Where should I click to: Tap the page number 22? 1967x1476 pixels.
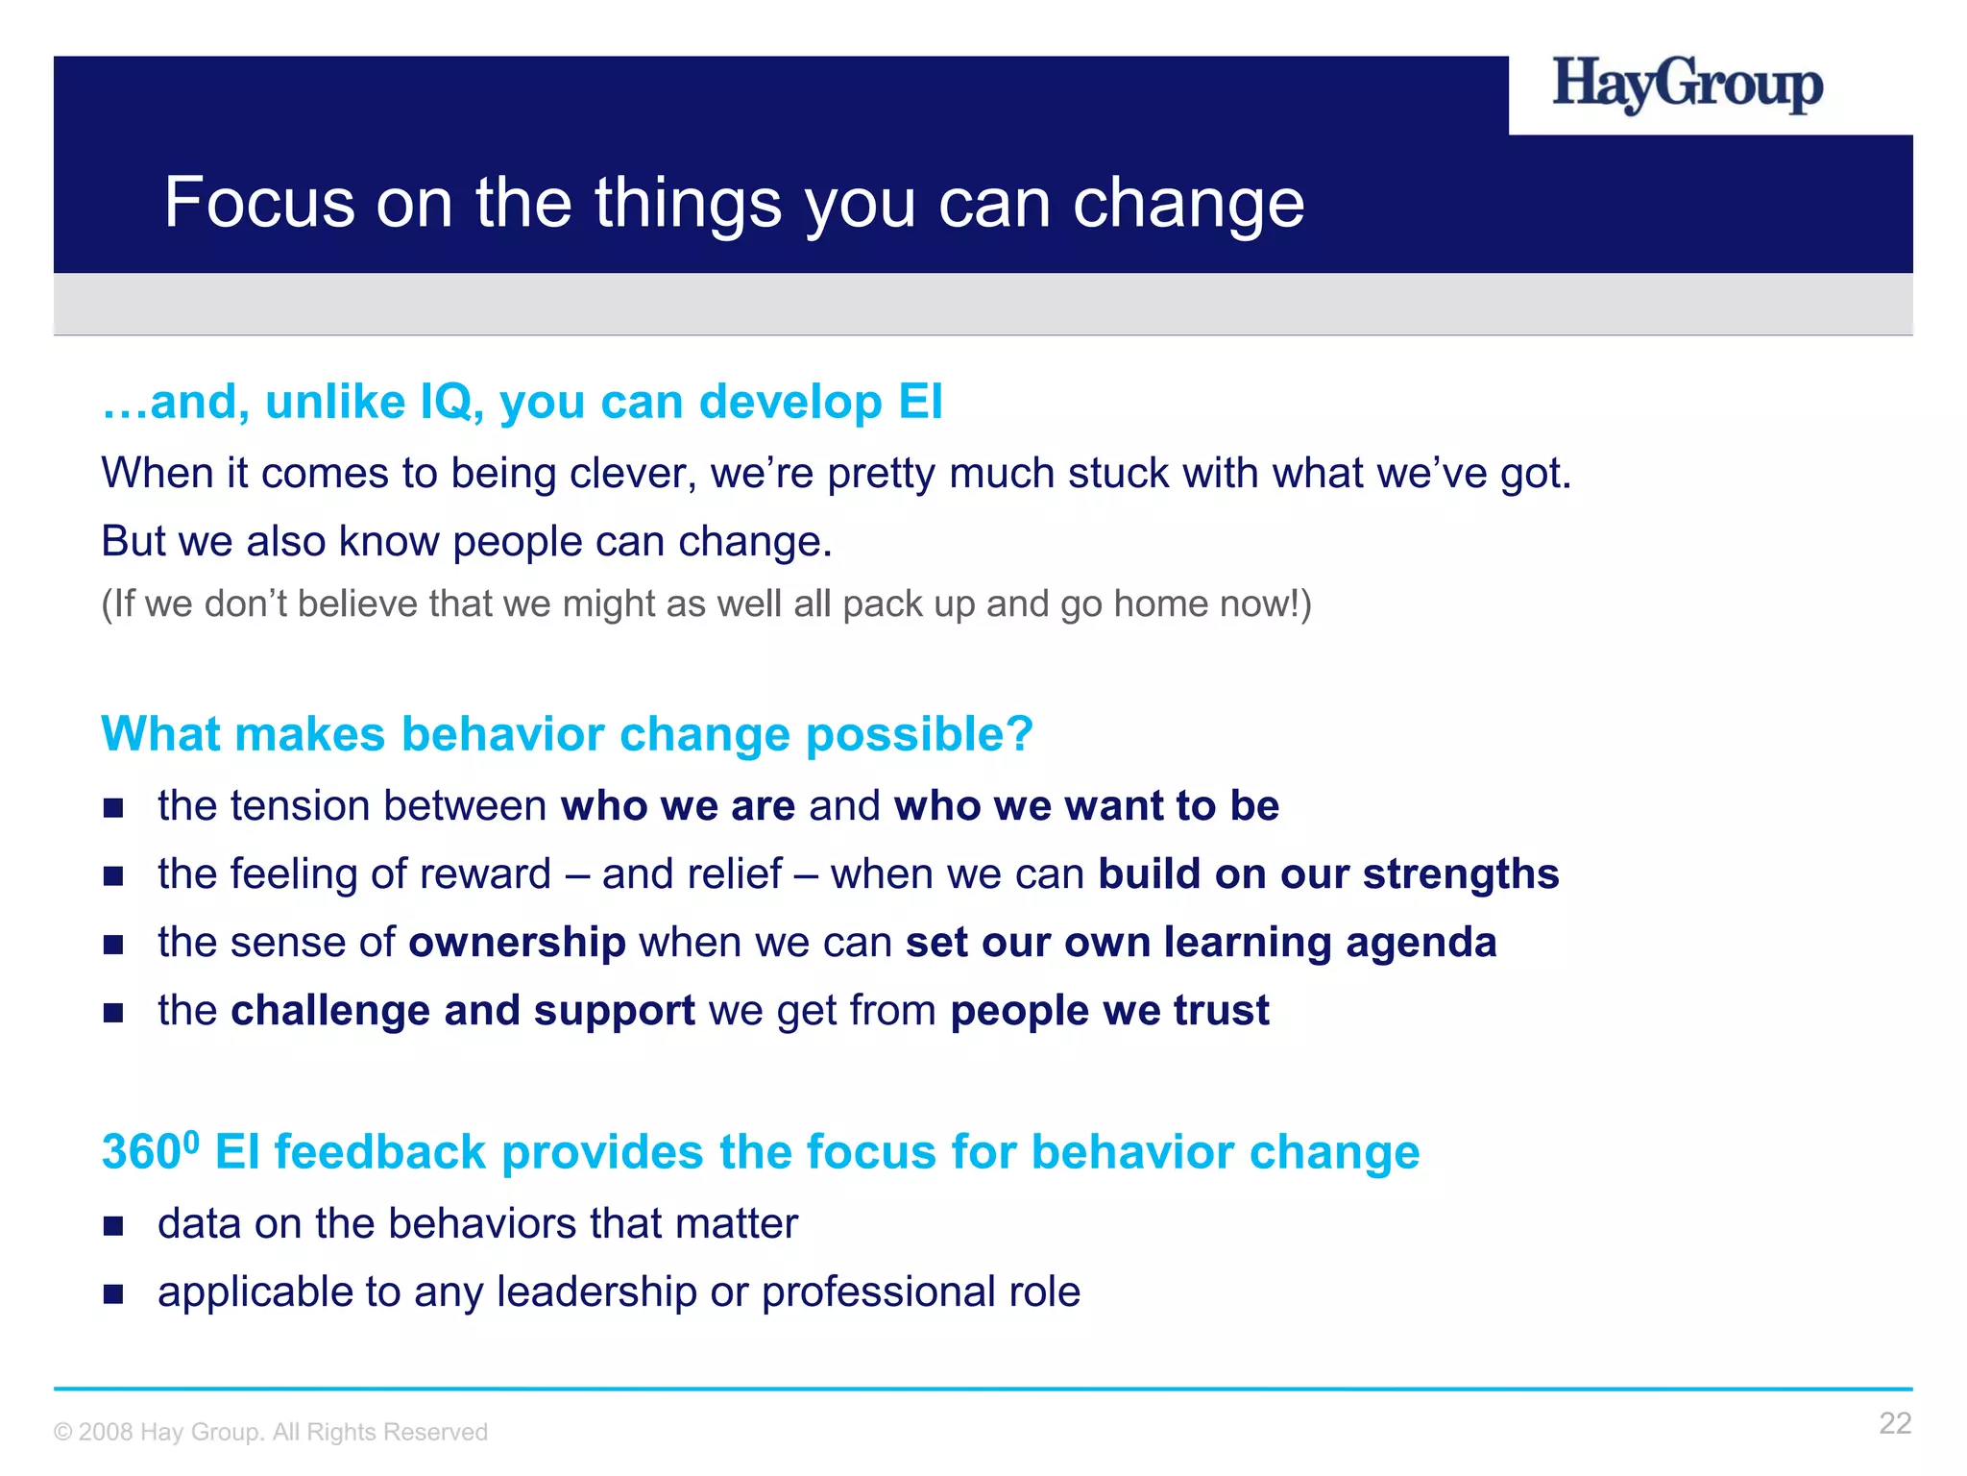tap(1895, 1423)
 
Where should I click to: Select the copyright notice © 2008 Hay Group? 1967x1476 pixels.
tap(271, 1432)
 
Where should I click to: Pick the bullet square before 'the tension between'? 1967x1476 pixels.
tap(114, 807)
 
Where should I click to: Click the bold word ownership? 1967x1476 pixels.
tap(518, 943)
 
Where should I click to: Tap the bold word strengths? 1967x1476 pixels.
tap(1461, 874)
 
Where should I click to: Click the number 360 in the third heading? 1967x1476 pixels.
tap(141, 1153)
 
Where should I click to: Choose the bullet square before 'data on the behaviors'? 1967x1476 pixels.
tap(114, 1225)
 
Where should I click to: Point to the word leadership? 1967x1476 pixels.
tap(596, 1292)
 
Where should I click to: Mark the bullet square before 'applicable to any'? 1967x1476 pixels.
tap(114, 1293)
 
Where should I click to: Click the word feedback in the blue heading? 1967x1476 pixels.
tap(379, 1153)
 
